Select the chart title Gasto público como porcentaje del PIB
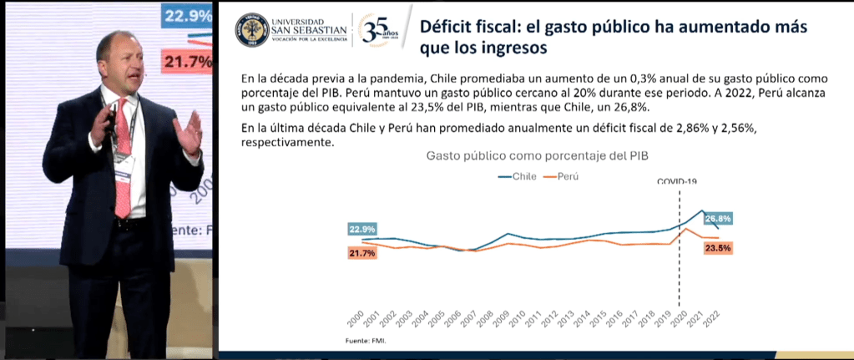537,155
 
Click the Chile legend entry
518,176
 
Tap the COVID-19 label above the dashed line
677,181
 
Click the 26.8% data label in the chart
718,219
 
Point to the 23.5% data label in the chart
718,248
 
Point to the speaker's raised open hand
191,131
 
